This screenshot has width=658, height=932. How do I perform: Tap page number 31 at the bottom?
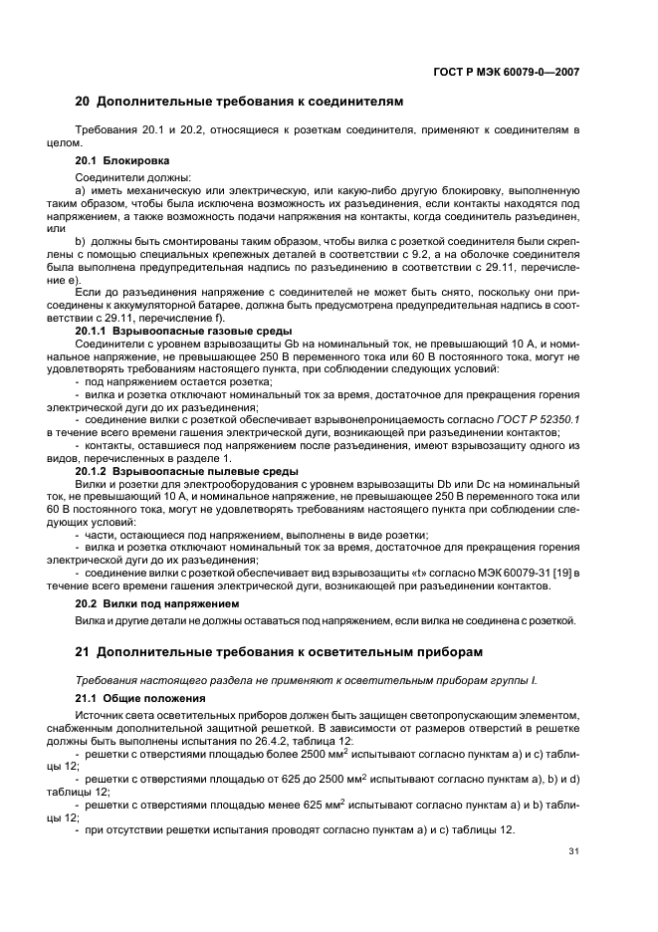(x=573, y=850)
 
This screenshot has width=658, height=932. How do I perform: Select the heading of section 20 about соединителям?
(x=240, y=102)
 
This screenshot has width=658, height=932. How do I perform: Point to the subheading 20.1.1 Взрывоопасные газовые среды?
(x=183, y=330)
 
